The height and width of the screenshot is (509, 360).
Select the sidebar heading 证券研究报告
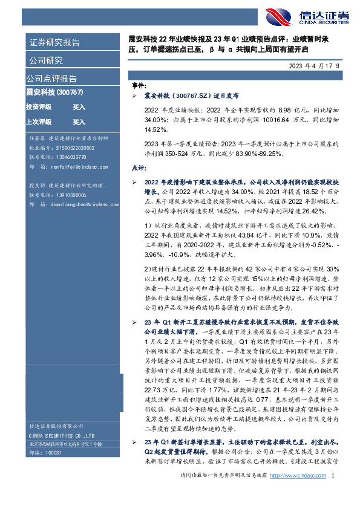pyautogui.click(x=54, y=42)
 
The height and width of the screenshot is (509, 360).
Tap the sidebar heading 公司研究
pyautogui.click(x=45, y=60)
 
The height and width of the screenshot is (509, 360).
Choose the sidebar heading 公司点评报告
pyautogui.click(x=51, y=78)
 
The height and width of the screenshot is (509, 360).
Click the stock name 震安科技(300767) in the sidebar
pyautogui.click(x=54, y=92)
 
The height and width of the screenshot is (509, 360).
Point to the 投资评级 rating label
pyautogui.click(x=39, y=106)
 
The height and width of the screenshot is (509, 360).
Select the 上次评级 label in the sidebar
pyautogui.click(x=39, y=122)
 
